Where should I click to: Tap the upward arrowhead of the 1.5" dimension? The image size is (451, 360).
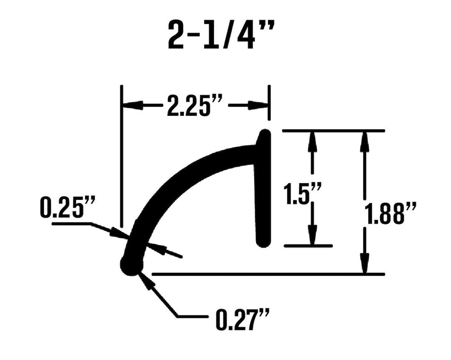312,140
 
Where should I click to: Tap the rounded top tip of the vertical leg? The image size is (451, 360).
264,135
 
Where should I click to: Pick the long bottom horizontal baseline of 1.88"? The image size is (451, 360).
267,274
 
